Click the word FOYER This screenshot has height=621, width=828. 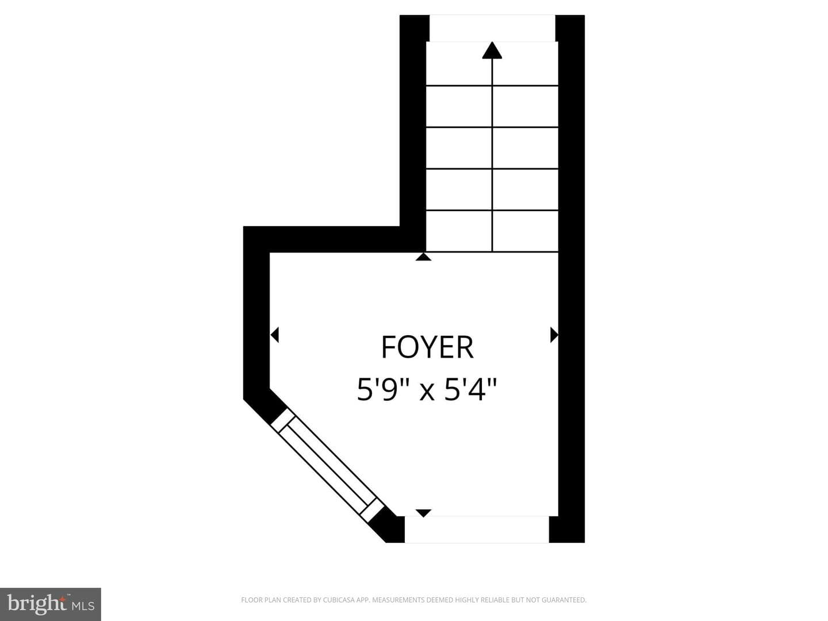427,347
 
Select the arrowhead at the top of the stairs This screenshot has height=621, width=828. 492,50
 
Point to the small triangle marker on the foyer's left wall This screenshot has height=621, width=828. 275,335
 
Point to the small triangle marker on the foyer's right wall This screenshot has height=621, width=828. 554,335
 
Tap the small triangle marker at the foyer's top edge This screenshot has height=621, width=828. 423,257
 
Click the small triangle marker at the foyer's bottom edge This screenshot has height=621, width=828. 423,513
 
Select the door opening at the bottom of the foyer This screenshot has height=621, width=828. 477,530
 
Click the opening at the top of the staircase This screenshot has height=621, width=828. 492,28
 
